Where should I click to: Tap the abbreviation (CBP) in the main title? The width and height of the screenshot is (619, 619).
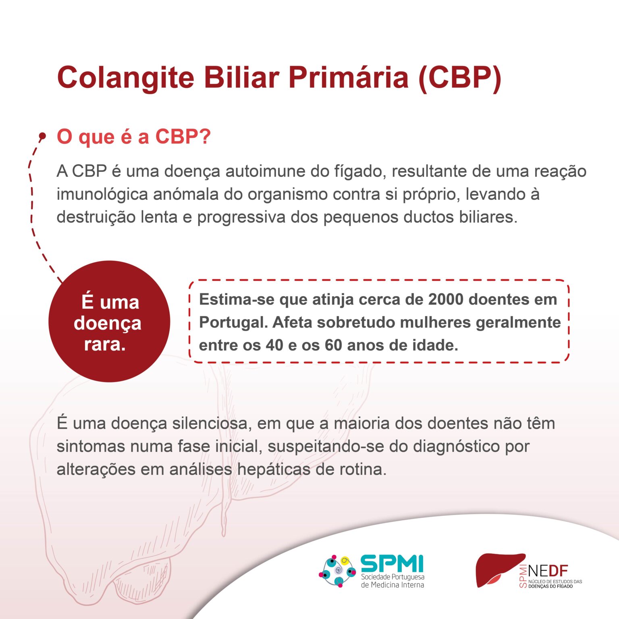(460, 77)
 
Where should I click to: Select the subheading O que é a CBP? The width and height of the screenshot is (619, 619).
(134, 137)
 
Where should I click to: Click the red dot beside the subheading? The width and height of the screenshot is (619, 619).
(42, 136)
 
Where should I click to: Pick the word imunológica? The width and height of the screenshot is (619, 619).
(102, 194)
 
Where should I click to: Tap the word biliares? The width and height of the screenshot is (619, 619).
(488, 217)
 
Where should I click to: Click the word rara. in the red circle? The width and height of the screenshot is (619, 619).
(105, 345)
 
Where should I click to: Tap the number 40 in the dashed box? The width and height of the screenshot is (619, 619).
(274, 345)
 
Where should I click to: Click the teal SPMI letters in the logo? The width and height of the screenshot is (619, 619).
(392, 563)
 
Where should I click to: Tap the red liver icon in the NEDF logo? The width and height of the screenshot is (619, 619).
(499, 569)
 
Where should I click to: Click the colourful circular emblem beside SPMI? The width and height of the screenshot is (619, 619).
(338, 571)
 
